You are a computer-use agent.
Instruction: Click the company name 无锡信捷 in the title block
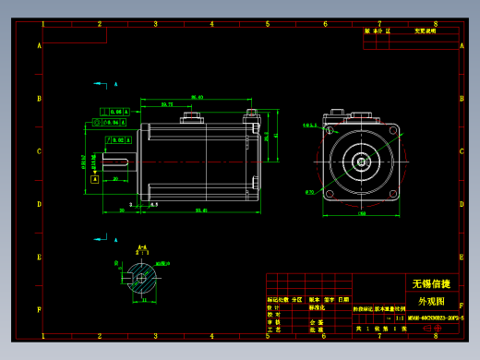point(430,283)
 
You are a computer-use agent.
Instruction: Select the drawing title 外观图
point(430,301)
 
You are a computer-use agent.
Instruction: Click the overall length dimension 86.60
point(197,97)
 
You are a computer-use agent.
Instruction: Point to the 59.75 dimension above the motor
point(167,105)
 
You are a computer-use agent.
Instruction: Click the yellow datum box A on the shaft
point(95,180)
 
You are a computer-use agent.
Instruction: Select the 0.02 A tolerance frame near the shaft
point(114,139)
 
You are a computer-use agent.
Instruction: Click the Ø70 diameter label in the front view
point(309,192)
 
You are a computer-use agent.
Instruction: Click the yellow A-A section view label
point(142,248)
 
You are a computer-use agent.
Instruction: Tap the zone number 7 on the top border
point(378,24)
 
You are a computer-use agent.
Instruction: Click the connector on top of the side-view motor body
point(193,116)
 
